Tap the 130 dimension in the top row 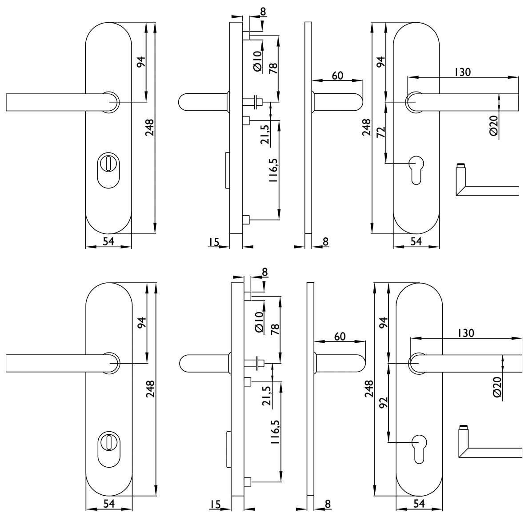point(462,72)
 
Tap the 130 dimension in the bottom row point(465,333)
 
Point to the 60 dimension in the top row point(337,75)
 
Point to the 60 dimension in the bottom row point(339,337)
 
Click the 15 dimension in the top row point(213,242)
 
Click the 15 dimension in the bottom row point(215,504)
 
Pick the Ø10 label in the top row point(257,61)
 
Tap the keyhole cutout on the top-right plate point(416,169)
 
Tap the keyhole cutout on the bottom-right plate point(418,449)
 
